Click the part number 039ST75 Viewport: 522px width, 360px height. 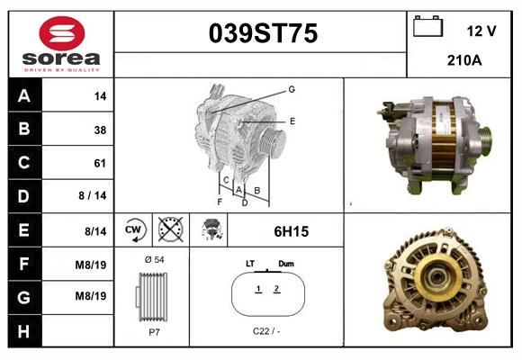(x=263, y=33)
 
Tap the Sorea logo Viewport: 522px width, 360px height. (x=60, y=44)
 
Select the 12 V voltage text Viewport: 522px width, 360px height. (x=481, y=31)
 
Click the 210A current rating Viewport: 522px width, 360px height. (x=465, y=61)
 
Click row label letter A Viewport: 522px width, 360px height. (x=24, y=96)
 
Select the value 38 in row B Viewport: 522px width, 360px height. (x=100, y=130)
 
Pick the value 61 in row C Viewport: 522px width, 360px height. (x=100, y=163)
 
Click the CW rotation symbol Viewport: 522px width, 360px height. (x=133, y=231)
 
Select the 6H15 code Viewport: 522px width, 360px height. (x=291, y=231)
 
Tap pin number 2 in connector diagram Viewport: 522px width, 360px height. (x=277, y=289)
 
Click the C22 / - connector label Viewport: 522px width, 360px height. (x=266, y=331)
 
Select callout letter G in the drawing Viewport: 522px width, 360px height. (x=292, y=89)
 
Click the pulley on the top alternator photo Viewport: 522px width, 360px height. (x=484, y=140)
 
